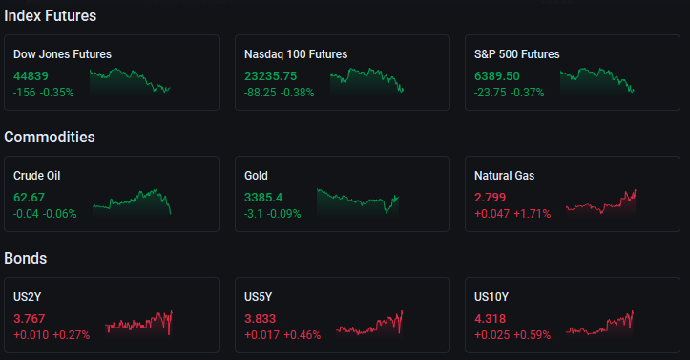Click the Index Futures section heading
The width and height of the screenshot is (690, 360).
[x=51, y=16]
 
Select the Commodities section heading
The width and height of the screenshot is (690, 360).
[x=50, y=137]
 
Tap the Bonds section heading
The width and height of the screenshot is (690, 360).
[x=26, y=258]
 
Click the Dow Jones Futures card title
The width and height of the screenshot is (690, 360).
[x=62, y=54]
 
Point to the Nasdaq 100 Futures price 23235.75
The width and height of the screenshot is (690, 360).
[x=271, y=76]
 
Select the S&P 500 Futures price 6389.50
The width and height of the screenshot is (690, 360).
[x=497, y=76]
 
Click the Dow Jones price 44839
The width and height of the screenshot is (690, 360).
[x=31, y=76]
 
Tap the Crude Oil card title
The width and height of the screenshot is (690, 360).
[x=37, y=176]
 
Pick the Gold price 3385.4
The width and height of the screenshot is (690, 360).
[x=263, y=197]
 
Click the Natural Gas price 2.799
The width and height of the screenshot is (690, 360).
[x=491, y=197]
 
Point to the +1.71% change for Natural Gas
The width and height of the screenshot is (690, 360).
[x=532, y=214]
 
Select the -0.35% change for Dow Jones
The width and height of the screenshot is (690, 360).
[x=56, y=93]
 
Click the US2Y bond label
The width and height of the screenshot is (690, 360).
[x=28, y=297]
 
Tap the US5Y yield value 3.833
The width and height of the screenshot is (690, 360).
[x=261, y=319]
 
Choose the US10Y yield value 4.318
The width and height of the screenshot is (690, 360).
[x=491, y=319]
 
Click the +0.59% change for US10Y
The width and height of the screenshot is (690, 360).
[x=532, y=335]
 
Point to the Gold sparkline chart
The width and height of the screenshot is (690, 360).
[x=357, y=201]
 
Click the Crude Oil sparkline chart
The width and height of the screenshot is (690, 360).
[x=132, y=202]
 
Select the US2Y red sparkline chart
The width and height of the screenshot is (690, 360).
[x=138, y=323]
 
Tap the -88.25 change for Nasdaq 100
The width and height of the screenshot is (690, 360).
[x=261, y=93]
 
